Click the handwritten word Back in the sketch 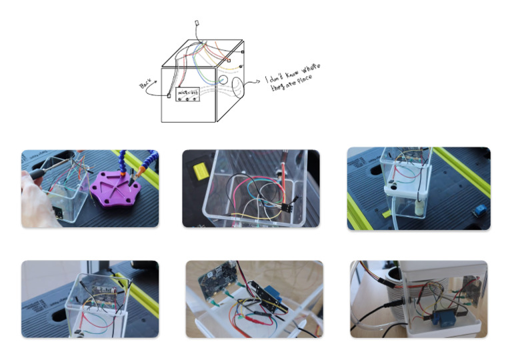tap(145, 85)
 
